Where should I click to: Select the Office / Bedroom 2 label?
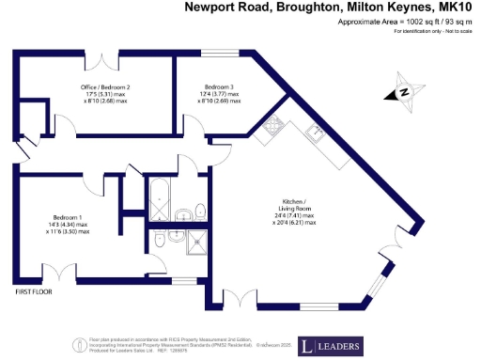(x=105, y=86)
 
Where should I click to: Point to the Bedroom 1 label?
(x=70, y=215)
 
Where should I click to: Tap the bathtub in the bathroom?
(x=158, y=200)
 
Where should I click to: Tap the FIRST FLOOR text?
(x=34, y=292)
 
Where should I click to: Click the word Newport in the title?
(x=211, y=8)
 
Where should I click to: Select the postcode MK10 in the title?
(x=455, y=8)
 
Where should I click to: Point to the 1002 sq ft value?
(x=407, y=22)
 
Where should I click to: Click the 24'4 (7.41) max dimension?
(x=294, y=216)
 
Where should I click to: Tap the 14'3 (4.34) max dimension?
(x=70, y=224)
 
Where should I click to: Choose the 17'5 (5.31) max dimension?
(x=105, y=95)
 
